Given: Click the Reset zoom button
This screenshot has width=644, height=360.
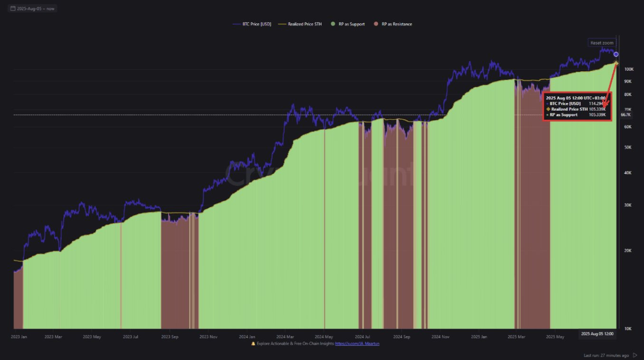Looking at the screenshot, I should pyautogui.click(x=602, y=43).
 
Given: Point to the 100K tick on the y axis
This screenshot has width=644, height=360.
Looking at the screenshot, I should pyautogui.click(x=629, y=69).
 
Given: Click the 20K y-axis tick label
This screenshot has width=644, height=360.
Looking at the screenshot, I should pyautogui.click(x=628, y=251).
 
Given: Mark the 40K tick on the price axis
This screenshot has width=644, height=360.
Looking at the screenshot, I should pyautogui.click(x=628, y=173).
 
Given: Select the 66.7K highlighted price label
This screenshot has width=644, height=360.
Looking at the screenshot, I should pyautogui.click(x=625, y=115).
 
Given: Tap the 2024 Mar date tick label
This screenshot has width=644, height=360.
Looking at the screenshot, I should pyautogui.click(x=285, y=337).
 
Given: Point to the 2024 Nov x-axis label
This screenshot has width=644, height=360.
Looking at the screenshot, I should pyautogui.click(x=440, y=337).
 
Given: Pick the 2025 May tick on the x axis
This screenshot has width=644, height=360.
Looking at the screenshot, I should pyautogui.click(x=555, y=337).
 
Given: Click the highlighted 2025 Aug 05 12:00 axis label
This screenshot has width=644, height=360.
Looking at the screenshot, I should pyautogui.click(x=597, y=334).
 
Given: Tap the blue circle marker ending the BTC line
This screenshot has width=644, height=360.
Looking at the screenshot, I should pyautogui.click(x=616, y=54).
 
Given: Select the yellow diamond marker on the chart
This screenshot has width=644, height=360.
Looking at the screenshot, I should pyautogui.click(x=616, y=63).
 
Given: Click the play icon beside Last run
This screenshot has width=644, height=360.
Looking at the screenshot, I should pyautogui.click(x=635, y=355).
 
